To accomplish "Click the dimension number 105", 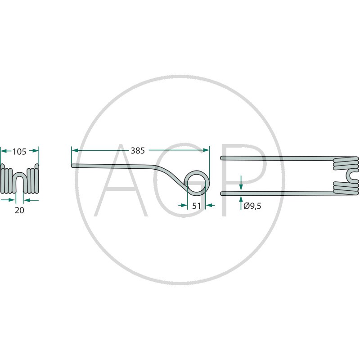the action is (x=19, y=152).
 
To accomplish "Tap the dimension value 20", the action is (x=19, y=210).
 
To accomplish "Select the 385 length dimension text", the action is (x=138, y=151).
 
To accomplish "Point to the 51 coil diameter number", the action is (x=196, y=206).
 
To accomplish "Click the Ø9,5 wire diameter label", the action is (x=252, y=206).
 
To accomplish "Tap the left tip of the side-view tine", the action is (x=72, y=166).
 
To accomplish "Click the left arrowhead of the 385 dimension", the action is (x=75, y=150).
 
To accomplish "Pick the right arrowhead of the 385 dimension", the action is (x=206, y=150).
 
